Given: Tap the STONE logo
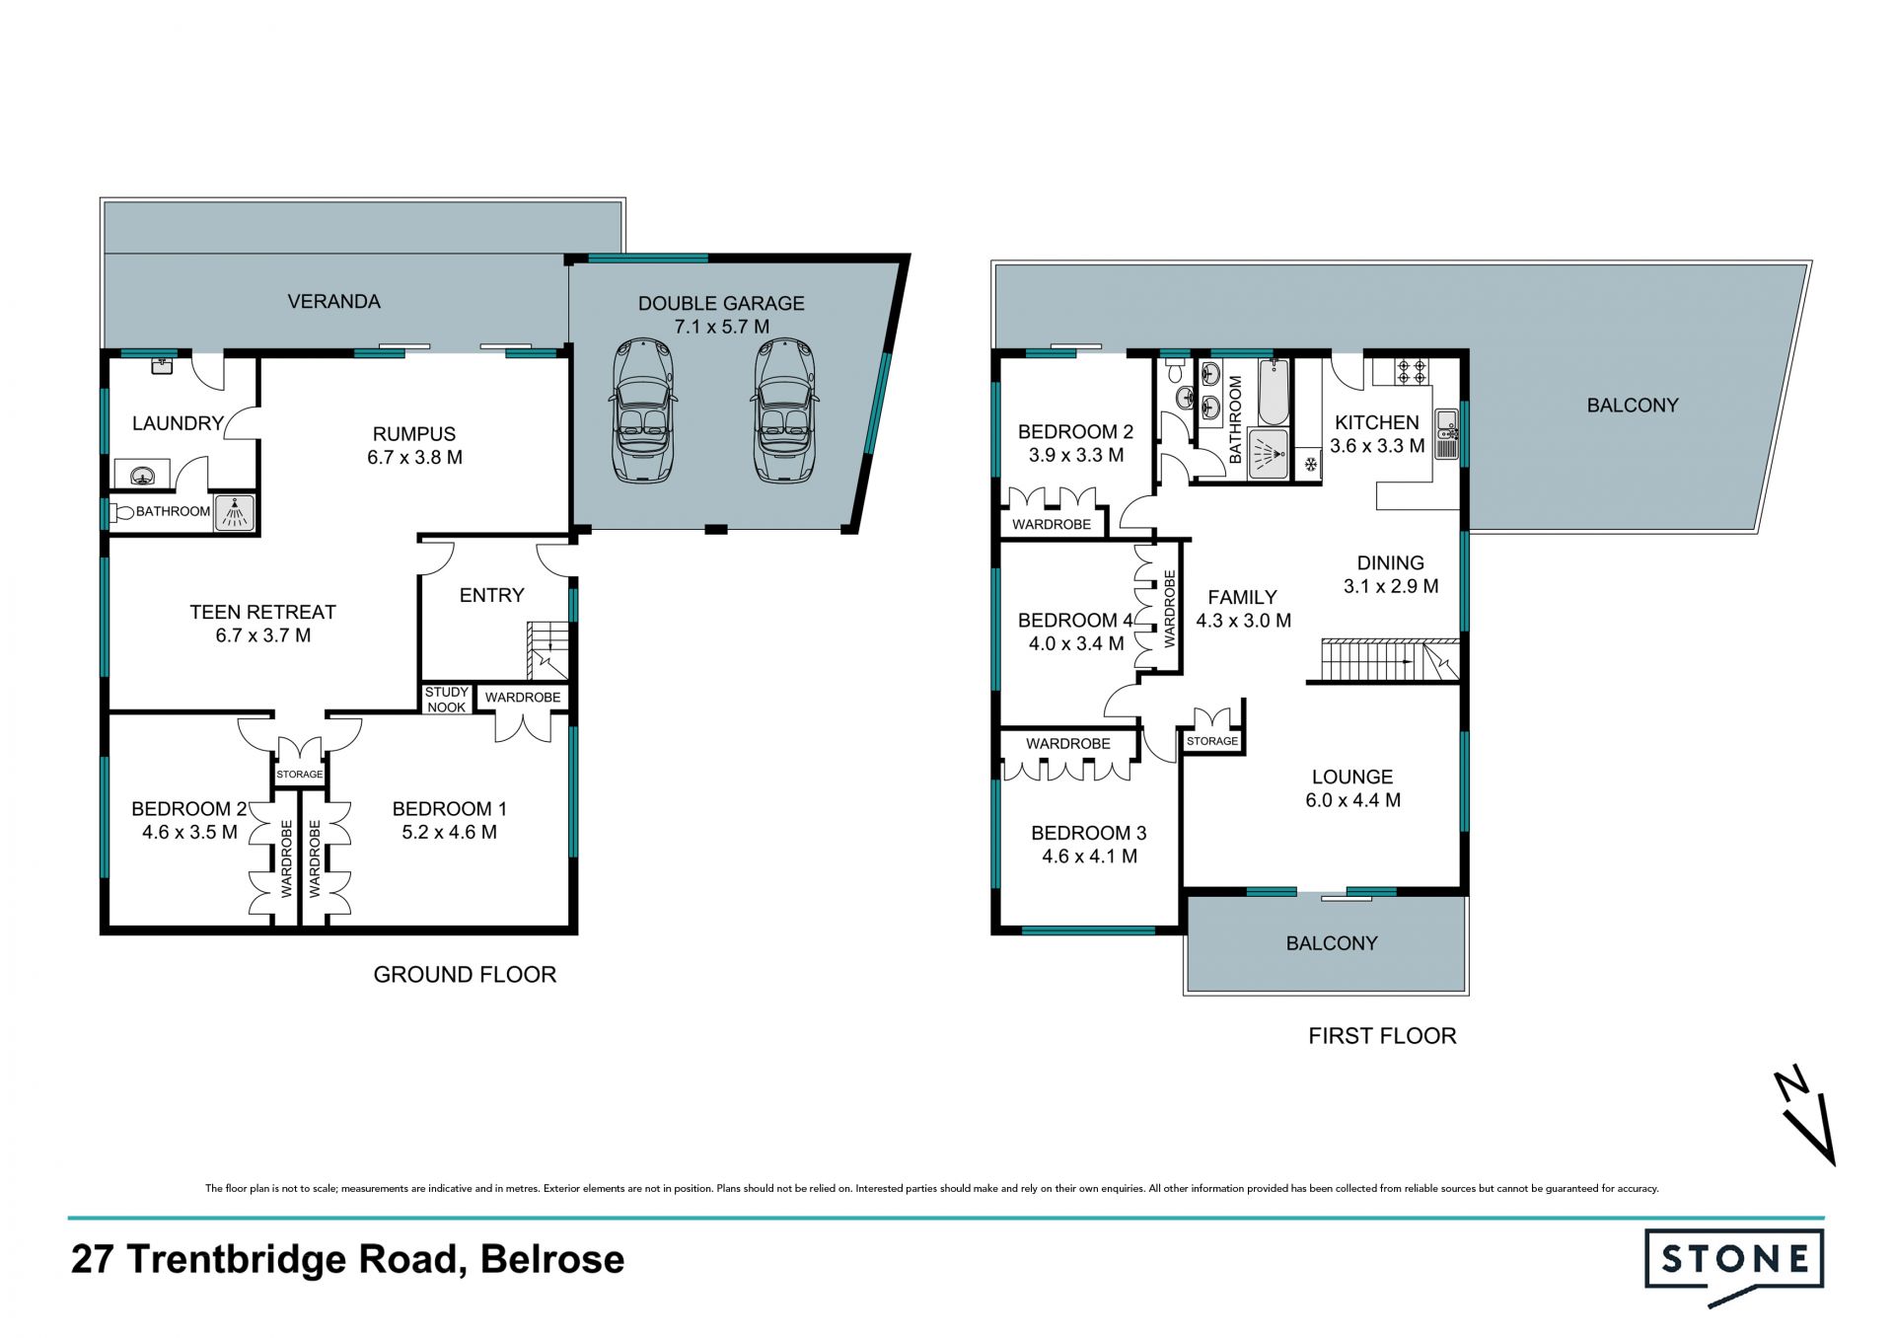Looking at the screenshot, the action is (x=1734, y=1266).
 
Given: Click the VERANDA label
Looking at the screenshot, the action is (x=333, y=302).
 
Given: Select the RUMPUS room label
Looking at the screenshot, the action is (x=414, y=434).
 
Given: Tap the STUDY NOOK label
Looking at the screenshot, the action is (x=447, y=700).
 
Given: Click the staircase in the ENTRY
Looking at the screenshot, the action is (x=548, y=650).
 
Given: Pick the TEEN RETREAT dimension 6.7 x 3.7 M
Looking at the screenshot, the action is (x=263, y=635).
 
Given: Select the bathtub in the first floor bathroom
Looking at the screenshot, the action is (x=1275, y=391).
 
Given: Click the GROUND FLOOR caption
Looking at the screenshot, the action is (x=465, y=975).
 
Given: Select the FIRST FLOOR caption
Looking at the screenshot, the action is (x=1382, y=1036).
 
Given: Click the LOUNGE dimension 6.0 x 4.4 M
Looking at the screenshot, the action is (x=1352, y=800).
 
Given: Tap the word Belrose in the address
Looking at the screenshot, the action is (x=552, y=1260).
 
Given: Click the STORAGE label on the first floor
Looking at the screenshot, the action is (x=1212, y=741).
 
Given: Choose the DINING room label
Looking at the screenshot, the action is (x=1391, y=563).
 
